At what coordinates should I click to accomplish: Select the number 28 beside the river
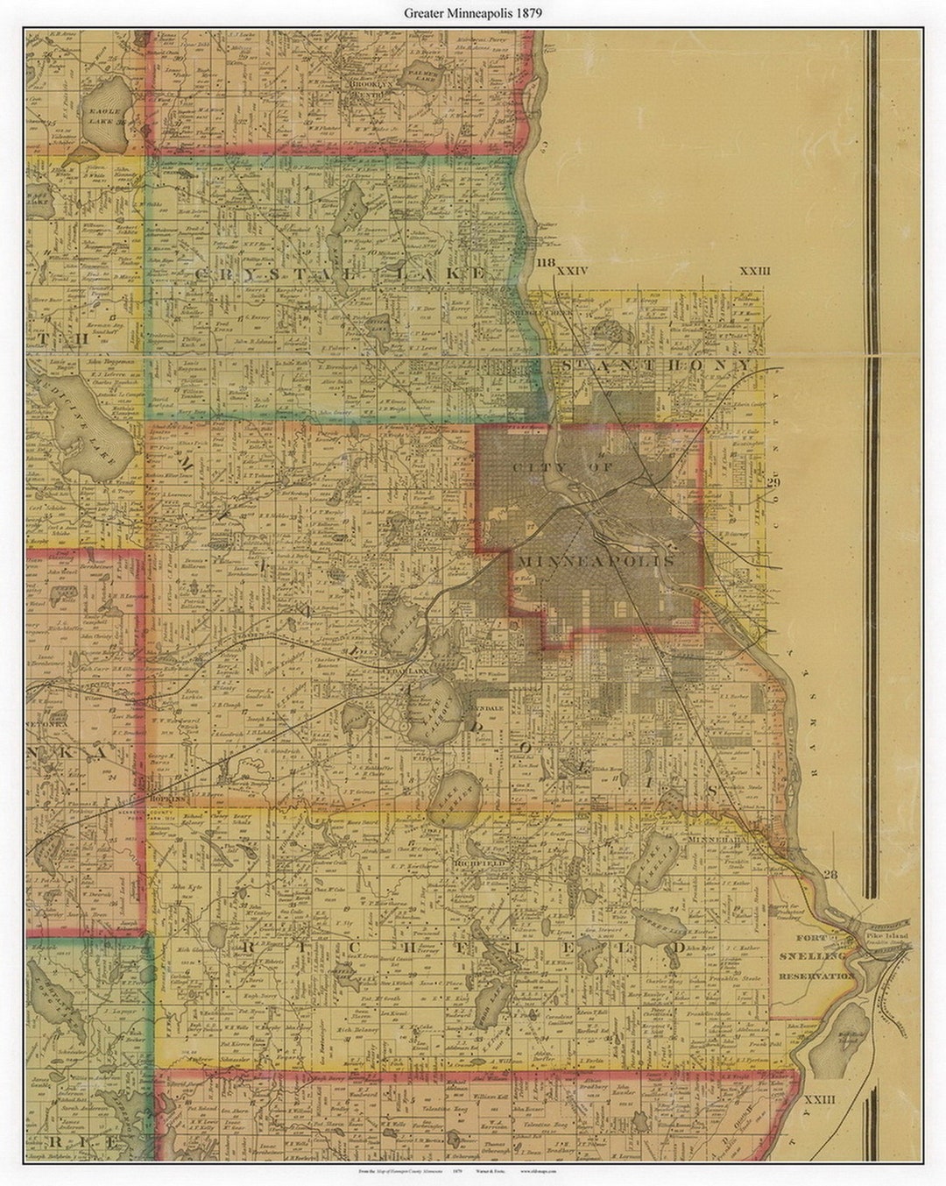coord(831,874)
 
